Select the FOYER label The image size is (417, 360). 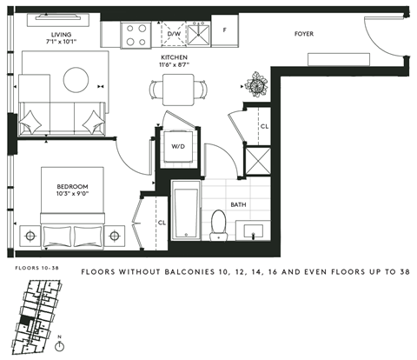tap(303, 34)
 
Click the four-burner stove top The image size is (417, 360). tap(135, 33)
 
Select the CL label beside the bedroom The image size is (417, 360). tap(162, 222)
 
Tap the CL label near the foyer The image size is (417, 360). tap(264, 126)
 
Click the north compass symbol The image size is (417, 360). tap(58, 345)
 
